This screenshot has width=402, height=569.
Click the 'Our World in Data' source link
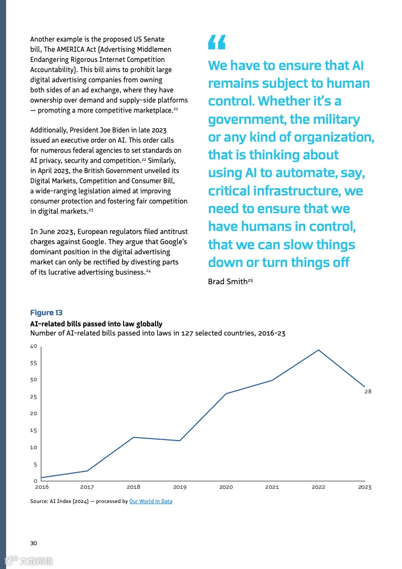(x=151, y=501)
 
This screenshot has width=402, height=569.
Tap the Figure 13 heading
(x=46, y=313)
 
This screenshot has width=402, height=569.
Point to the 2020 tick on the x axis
(x=226, y=487)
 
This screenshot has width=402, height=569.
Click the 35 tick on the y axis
(x=34, y=363)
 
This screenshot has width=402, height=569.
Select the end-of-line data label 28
(x=368, y=391)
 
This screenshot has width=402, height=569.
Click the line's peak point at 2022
(x=318, y=350)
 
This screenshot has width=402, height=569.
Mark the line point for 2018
(x=133, y=437)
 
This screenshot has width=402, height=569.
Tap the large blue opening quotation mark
(x=216, y=43)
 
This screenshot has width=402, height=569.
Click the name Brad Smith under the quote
(x=228, y=281)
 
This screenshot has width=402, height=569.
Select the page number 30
(x=33, y=543)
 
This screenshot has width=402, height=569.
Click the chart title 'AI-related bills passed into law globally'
(x=96, y=324)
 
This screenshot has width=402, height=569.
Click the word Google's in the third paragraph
(x=173, y=242)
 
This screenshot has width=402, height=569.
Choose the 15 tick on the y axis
(x=34, y=430)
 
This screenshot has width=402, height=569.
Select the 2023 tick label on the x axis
(x=364, y=487)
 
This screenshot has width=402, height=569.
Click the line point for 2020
(x=226, y=393)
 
